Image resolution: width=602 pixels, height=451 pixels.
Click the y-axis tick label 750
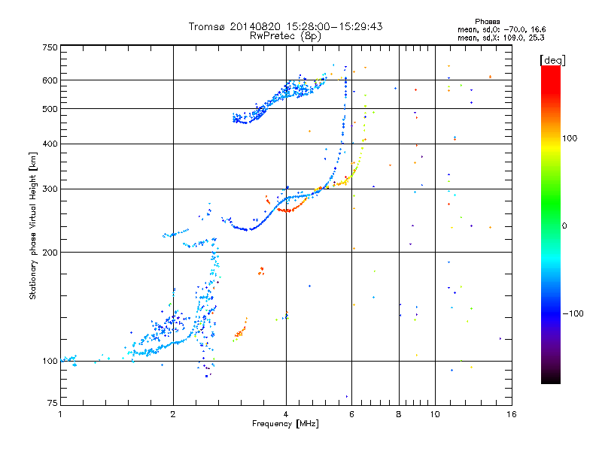pos(50,47)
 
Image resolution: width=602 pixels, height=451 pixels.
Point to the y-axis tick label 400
pos(50,144)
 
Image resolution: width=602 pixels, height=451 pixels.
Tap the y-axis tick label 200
pos(50,252)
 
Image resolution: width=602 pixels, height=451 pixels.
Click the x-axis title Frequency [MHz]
pos(286,424)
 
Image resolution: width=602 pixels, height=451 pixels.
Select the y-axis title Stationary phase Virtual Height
pos(33,225)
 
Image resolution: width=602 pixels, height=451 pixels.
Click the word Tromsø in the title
pos(208,26)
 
